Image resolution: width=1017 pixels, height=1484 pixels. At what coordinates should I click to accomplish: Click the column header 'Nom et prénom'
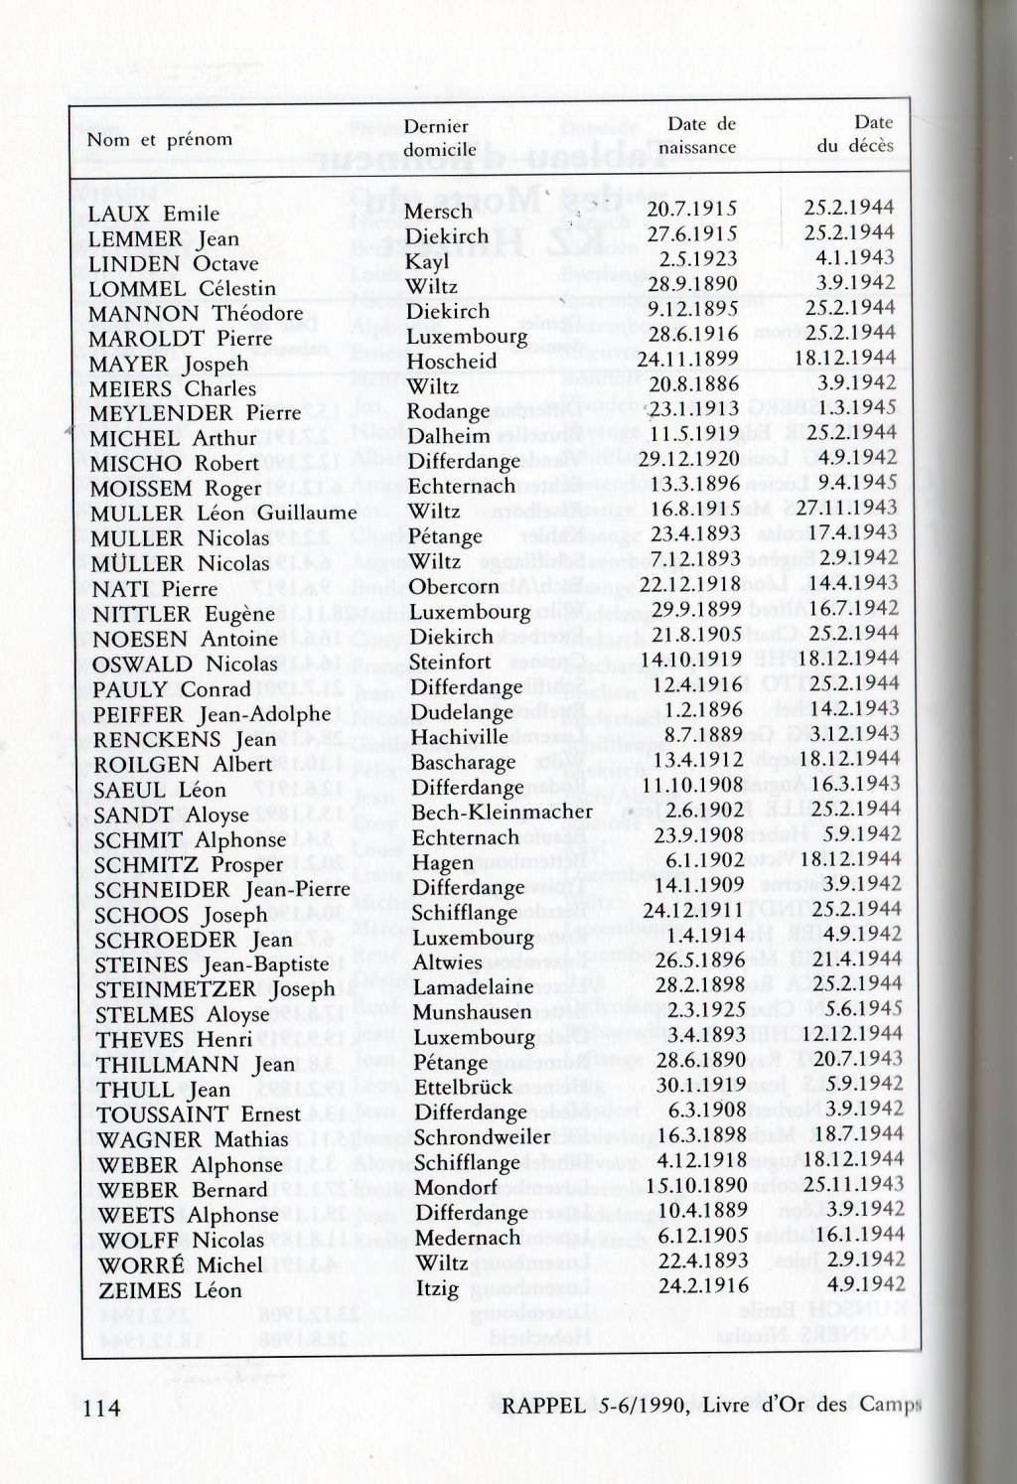coord(159,140)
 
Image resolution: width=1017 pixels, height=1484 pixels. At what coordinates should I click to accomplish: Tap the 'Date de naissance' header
coord(700,136)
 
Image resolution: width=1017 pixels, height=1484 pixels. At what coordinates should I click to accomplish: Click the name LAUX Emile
coord(153,214)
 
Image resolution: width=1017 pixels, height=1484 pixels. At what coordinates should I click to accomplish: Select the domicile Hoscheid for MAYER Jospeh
coord(451,362)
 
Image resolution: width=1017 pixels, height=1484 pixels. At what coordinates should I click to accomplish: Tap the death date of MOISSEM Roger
coord(859,483)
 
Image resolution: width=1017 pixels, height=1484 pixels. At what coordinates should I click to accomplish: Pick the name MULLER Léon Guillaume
coord(222,514)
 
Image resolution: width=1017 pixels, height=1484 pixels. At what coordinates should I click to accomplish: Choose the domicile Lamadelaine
coord(473,988)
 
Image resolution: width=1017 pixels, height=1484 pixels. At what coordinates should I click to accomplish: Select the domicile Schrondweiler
coord(482,1137)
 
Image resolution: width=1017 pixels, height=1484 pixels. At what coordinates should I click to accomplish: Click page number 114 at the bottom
coord(101,1408)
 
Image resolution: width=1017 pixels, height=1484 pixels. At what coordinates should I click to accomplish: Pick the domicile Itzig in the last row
coord(437,1289)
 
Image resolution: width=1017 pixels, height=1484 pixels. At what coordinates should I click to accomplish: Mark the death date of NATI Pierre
coord(859,583)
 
